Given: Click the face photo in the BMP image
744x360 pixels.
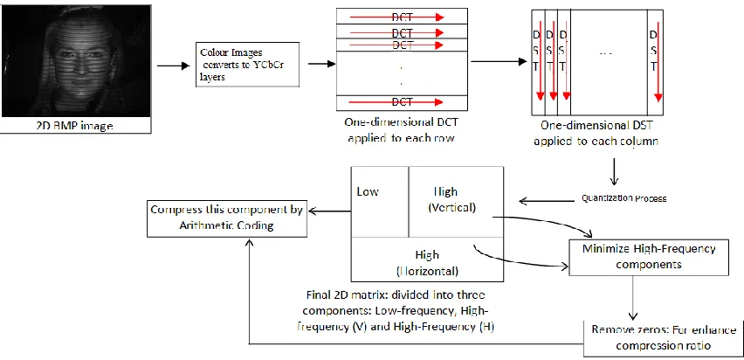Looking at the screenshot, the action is (76, 61).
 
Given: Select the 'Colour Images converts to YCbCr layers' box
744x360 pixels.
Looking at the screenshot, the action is (247, 65).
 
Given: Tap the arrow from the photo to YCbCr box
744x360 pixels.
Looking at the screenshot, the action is (173, 66).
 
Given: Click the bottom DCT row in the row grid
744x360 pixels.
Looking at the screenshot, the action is (402, 102).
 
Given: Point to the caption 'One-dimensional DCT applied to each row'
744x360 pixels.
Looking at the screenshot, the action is (402, 130).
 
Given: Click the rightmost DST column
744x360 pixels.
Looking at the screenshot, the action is (655, 62).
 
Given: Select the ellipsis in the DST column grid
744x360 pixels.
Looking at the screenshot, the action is (606, 54).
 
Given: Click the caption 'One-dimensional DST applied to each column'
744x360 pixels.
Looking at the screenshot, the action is (596, 134).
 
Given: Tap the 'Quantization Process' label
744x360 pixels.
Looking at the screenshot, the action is (624, 198).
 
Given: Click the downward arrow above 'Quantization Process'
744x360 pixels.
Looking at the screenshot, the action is (615, 170).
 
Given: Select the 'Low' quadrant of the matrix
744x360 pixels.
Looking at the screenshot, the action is (380, 202).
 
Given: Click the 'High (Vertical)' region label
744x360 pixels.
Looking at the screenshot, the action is (451, 199).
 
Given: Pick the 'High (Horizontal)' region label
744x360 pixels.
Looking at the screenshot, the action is (427, 263).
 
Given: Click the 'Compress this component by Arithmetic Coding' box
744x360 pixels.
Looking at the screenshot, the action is (227, 218).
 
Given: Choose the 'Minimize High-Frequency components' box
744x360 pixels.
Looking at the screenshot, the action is (649, 257).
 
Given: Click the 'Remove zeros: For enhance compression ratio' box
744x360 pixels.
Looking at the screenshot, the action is (664, 338).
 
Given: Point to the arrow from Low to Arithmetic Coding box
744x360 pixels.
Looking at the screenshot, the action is (329, 211).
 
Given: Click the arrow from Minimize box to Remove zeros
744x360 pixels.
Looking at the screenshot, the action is (632, 298).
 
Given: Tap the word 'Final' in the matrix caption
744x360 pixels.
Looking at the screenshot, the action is (318, 295).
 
